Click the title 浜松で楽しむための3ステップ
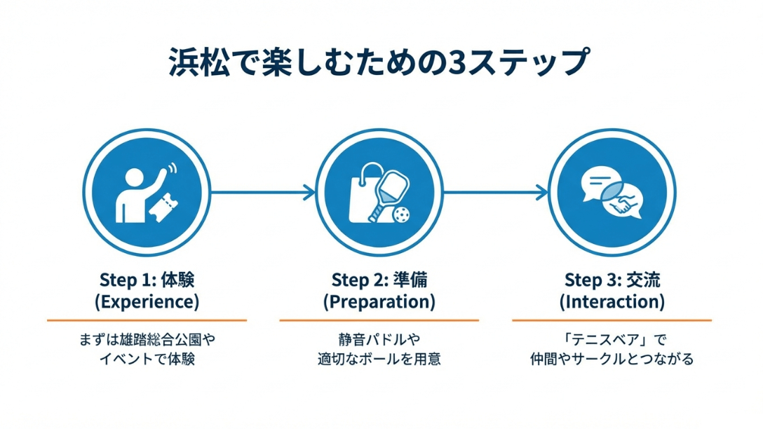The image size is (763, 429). point(379,62)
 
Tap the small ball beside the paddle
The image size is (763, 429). point(402,214)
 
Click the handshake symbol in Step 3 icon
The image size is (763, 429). point(623,205)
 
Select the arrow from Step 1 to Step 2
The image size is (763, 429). point(262,191)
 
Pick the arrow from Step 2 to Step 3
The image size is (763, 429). point(495,191)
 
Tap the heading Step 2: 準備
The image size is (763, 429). point(379,280)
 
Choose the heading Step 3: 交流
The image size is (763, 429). point(612,280)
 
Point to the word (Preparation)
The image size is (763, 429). point(379,302)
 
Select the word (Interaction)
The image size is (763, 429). point(612,302)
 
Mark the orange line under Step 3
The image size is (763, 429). point(612,320)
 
